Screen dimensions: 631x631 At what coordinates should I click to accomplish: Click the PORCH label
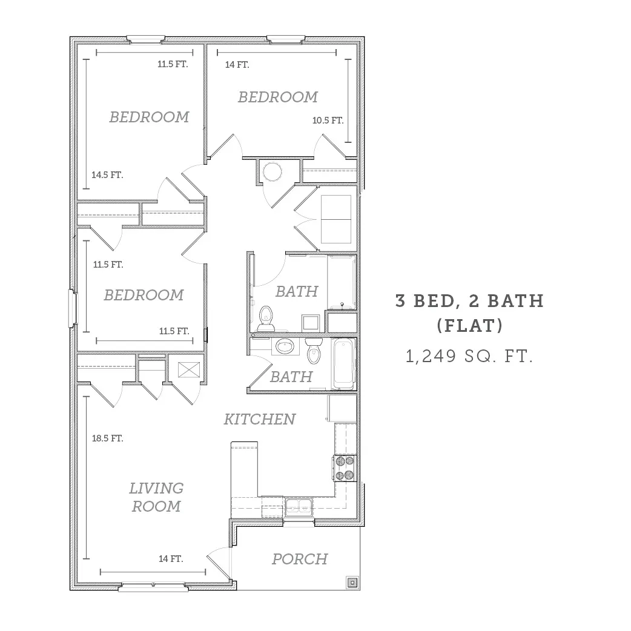pos(300,559)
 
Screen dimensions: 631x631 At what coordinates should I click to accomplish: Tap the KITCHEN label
pos(260,419)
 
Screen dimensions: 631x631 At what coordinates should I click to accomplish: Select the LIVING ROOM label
pos(156,497)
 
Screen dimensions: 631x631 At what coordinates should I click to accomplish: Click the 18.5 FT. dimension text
pos(107,438)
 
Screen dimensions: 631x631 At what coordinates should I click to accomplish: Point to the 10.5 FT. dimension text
pos(328,121)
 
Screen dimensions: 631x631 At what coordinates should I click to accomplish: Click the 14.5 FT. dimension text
pos(107,175)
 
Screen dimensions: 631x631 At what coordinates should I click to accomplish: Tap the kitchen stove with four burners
pos(345,468)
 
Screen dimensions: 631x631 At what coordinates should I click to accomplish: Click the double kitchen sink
pos(299,507)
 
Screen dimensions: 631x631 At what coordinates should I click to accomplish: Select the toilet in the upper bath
pos(266,319)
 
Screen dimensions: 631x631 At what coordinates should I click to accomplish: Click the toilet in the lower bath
pos(314,350)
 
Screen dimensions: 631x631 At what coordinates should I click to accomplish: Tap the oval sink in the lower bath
pos(285,346)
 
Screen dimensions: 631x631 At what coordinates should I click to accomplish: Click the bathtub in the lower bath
pos(344,363)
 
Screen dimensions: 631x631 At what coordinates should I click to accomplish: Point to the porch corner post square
pos(352,582)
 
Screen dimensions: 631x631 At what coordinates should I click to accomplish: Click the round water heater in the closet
pos(272,172)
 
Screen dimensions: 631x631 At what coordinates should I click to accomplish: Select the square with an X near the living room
pos(189,370)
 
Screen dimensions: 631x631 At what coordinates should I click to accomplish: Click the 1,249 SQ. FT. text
pos(469,356)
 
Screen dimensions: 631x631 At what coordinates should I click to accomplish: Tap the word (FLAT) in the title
pos(470,326)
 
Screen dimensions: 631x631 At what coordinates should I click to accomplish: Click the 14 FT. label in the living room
pos(171,559)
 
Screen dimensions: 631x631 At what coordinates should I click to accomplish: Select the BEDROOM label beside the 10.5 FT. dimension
pos(278,97)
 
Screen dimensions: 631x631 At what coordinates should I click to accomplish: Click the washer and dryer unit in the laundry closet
pos(336,219)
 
